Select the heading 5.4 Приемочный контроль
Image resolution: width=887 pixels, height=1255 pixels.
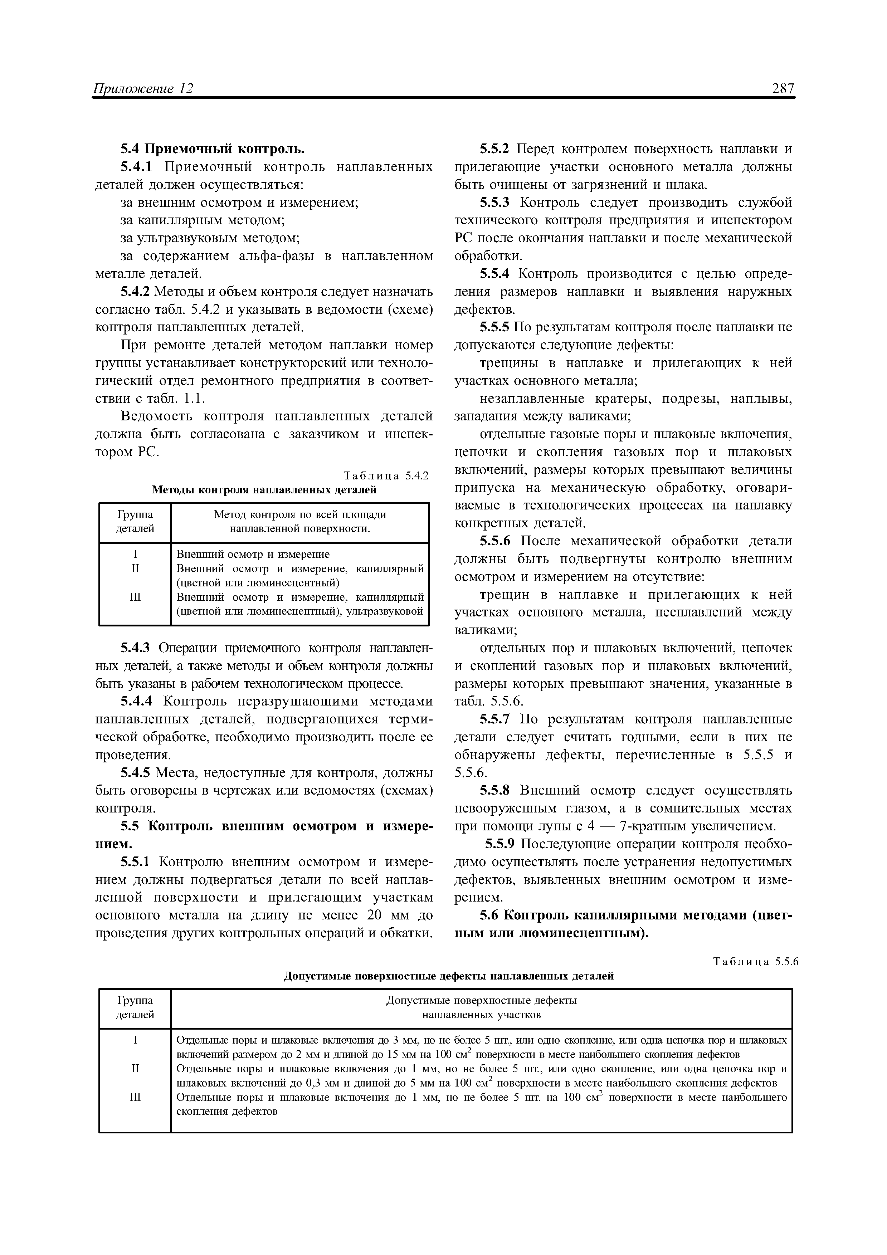click(x=212, y=149)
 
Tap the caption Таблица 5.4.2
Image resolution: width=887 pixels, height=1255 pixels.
click(x=386, y=475)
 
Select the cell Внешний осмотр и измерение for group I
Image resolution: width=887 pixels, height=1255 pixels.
click(x=253, y=554)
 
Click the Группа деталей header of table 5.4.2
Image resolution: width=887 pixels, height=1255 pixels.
click(x=135, y=522)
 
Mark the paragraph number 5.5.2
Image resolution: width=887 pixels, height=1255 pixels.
click(x=494, y=149)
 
